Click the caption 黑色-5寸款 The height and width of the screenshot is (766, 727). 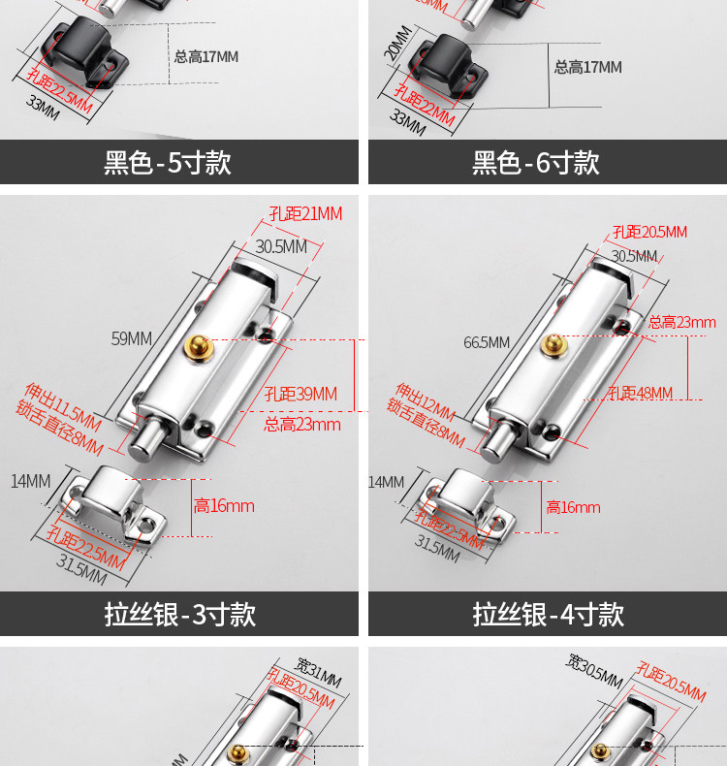[x=168, y=162]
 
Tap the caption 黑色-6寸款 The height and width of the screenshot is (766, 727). [x=536, y=162]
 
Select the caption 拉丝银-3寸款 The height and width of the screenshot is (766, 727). [x=180, y=614]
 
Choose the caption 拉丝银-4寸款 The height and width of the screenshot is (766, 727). [x=549, y=614]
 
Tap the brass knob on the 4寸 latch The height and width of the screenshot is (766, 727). [x=553, y=344]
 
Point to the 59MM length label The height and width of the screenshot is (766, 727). [x=132, y=338]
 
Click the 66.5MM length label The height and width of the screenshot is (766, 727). [x=486, y=342]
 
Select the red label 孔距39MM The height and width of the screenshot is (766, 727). [x=300, y=394]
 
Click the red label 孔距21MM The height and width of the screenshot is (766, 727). [x=305, y=213]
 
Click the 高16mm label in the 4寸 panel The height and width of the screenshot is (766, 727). [x=573, y=507]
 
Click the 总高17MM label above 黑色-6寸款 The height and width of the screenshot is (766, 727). [x=587, y=67]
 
